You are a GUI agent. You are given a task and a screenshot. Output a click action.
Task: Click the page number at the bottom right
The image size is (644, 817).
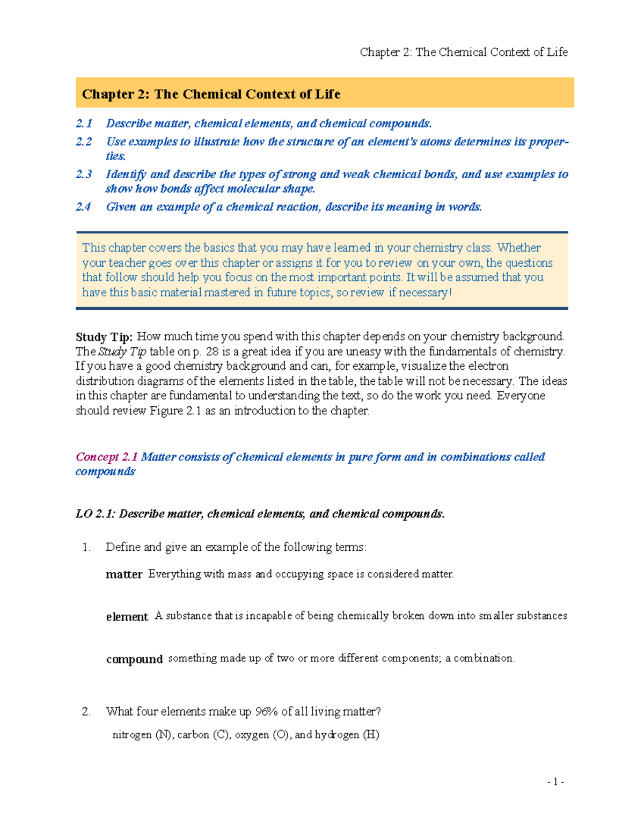point(555,782)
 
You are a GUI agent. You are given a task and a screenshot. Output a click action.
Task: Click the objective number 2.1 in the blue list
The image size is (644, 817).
point(84,123)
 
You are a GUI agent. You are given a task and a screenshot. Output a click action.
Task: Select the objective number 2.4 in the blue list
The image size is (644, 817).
point(84,207)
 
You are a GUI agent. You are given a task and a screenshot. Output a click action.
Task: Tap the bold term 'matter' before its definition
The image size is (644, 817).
point(124,574)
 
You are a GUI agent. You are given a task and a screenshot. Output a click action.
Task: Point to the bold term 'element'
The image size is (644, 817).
point(127,617)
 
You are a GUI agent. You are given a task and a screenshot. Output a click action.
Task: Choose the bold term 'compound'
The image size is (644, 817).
point(134,659)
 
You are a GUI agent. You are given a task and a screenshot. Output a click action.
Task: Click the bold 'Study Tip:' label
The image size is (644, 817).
point(104,337)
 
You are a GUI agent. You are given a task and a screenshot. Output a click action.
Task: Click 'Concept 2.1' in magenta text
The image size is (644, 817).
point(106,457)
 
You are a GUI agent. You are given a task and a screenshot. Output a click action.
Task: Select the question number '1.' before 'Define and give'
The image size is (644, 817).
point(86,547)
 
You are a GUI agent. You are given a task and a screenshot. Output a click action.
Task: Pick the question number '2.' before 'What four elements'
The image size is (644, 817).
point(86,712)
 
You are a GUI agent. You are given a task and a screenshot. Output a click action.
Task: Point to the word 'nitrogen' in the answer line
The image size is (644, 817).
point(131,735)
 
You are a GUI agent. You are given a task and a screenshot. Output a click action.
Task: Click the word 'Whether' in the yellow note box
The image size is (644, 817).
point(518,247)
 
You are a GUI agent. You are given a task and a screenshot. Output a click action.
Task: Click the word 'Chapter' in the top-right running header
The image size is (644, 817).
point(380,52)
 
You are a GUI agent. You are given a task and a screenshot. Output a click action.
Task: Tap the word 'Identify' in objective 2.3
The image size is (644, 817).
point(126,174)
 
